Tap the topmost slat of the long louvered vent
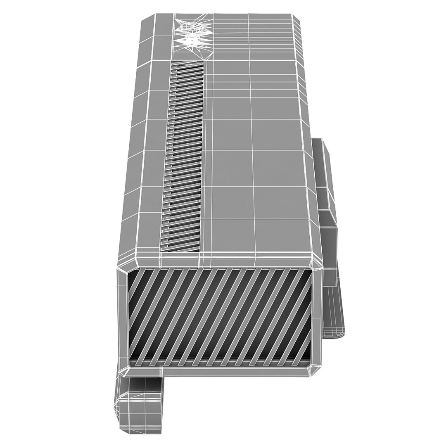(x=187, y=64)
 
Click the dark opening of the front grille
(x=219, y=314)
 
